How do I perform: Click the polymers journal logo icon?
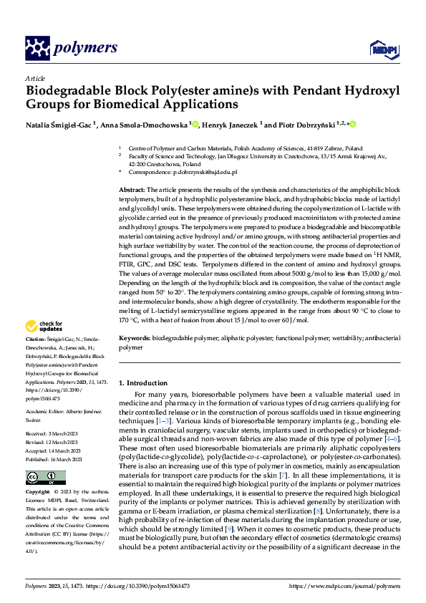37,48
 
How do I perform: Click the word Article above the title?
35,78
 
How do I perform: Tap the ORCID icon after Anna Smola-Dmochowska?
195,125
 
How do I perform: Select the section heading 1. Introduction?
146,384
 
